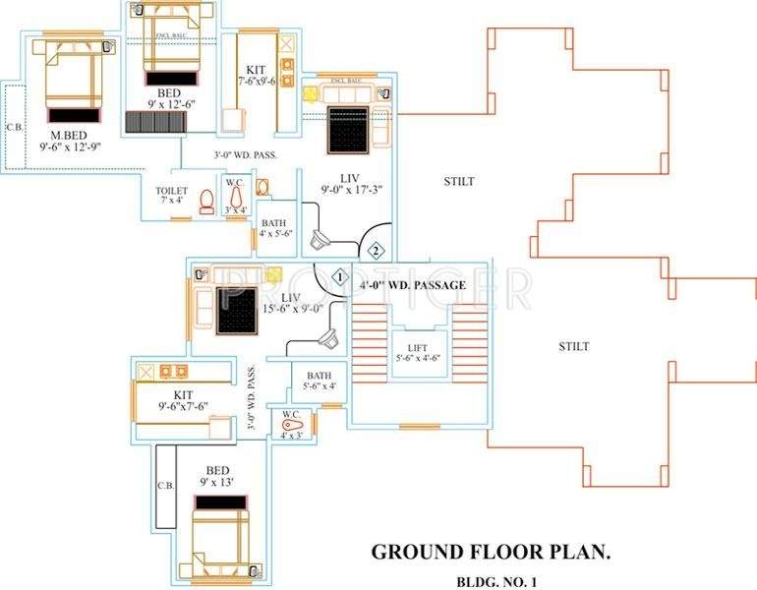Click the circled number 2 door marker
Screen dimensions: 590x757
(x=375, y=250)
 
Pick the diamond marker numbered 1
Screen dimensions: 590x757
(x=338, y=278)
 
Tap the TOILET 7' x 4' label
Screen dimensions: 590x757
(x=173, y=196)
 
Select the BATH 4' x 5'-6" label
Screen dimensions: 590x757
(x=271, y=228)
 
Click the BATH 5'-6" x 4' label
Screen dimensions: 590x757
(x=319, y=381)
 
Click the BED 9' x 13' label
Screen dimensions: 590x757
(x=217, y=476)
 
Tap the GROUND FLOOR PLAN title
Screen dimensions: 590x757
(x=491, y=552)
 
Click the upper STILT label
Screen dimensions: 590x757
(x=459, y=181)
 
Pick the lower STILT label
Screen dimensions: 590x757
(x=574, y=346)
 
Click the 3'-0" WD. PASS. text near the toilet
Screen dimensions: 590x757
(x=246, y=155)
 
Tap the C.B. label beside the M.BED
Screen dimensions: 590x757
(x=15, y=127)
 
